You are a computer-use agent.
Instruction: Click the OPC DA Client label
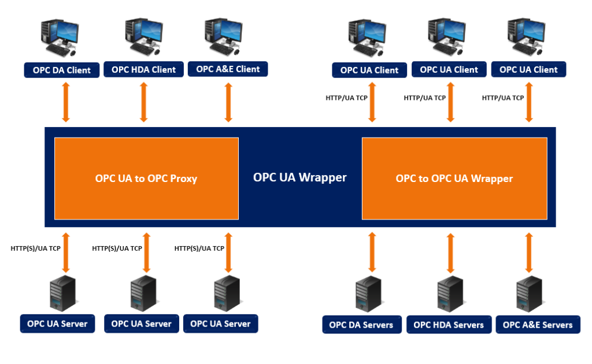click(61, 70)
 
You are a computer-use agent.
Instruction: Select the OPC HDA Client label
click(143, 69)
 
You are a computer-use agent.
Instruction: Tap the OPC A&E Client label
click(228, 69)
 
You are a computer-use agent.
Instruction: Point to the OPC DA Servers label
click(362, 325)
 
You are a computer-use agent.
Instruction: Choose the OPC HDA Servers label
click(449, 325)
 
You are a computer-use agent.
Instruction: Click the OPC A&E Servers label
click(538, 325)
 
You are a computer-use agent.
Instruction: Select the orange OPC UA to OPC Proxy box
click(146, 179)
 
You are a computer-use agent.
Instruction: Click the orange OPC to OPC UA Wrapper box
click(454, 179)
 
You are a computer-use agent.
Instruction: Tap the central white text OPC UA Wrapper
click(300, 177)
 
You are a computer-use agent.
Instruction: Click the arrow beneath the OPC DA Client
click(66, 102)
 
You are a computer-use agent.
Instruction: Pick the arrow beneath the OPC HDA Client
click(143, 102)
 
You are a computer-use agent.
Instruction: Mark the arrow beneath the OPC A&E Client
click(228, 102)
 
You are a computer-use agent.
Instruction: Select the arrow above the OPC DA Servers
click(372, 252)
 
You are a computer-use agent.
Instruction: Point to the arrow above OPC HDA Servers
click(450, 253)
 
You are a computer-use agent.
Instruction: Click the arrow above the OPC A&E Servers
click(529, 252)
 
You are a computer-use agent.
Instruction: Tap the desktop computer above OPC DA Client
click(60, 38)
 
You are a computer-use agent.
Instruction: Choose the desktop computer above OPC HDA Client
click(144, 36)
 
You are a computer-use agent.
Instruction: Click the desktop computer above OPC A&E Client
click(224, 36)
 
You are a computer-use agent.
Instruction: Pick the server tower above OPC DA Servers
click(369, 294)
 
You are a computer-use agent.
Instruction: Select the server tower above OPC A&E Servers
click(530, 294)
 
